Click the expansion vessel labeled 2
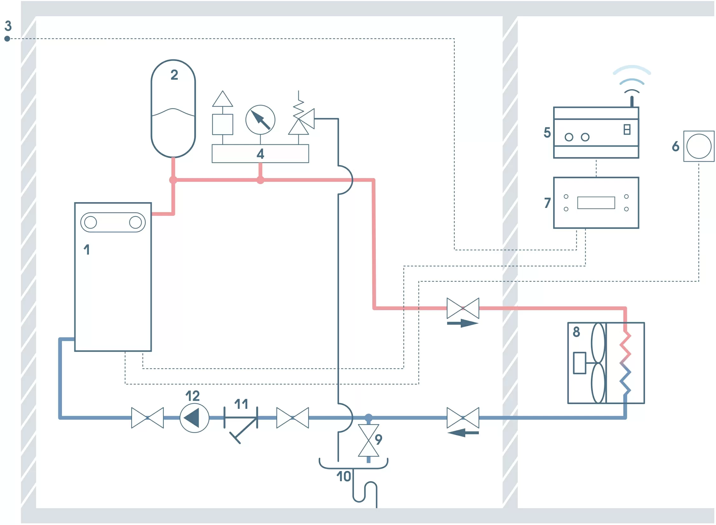coord(173,108)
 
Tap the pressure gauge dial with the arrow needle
coord(260,120)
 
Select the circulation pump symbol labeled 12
coord(194,418)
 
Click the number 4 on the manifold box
coord(260,154)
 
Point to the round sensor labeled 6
coord(699,146)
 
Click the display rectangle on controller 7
coord(596,203)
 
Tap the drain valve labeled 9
coord(368,440)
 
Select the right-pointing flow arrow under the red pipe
coord(462,323)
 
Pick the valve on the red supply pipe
coord(463,308)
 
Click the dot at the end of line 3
coord(7,39)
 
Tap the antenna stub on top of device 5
coord(632,102)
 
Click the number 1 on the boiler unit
coord(86,249)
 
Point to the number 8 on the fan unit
coord(576,332)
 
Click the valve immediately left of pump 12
coord(148,418)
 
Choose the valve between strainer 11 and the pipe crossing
coord(292,418)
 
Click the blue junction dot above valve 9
coord(368,418)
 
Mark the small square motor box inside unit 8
coord(579,363)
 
